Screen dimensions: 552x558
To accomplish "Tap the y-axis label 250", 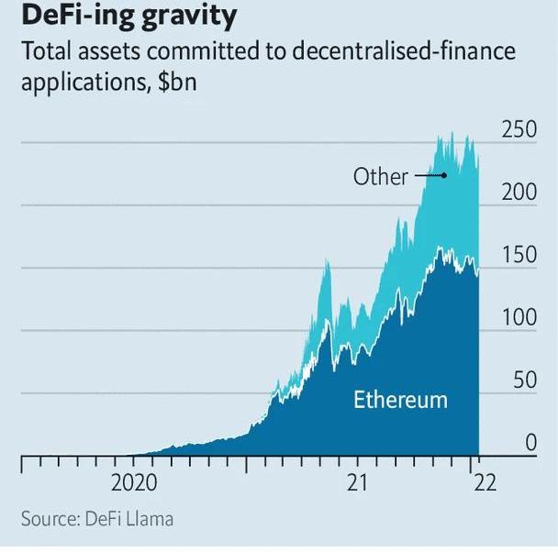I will (518, 130).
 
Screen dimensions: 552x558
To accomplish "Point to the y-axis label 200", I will (518, 193).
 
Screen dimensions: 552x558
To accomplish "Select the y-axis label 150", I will (518, 256).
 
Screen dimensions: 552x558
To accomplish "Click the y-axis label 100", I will (518, 318).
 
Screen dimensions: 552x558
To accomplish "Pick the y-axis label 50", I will (524, 381).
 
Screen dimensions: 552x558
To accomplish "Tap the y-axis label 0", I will (530, 444).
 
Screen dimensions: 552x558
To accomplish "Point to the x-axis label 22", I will (484, 483).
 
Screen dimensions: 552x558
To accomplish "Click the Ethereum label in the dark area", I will (400, 400).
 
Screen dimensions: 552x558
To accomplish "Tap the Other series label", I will (380, 176).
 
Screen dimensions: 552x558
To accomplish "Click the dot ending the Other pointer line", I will (444, 175).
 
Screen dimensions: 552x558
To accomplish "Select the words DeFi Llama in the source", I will (130, 518).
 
